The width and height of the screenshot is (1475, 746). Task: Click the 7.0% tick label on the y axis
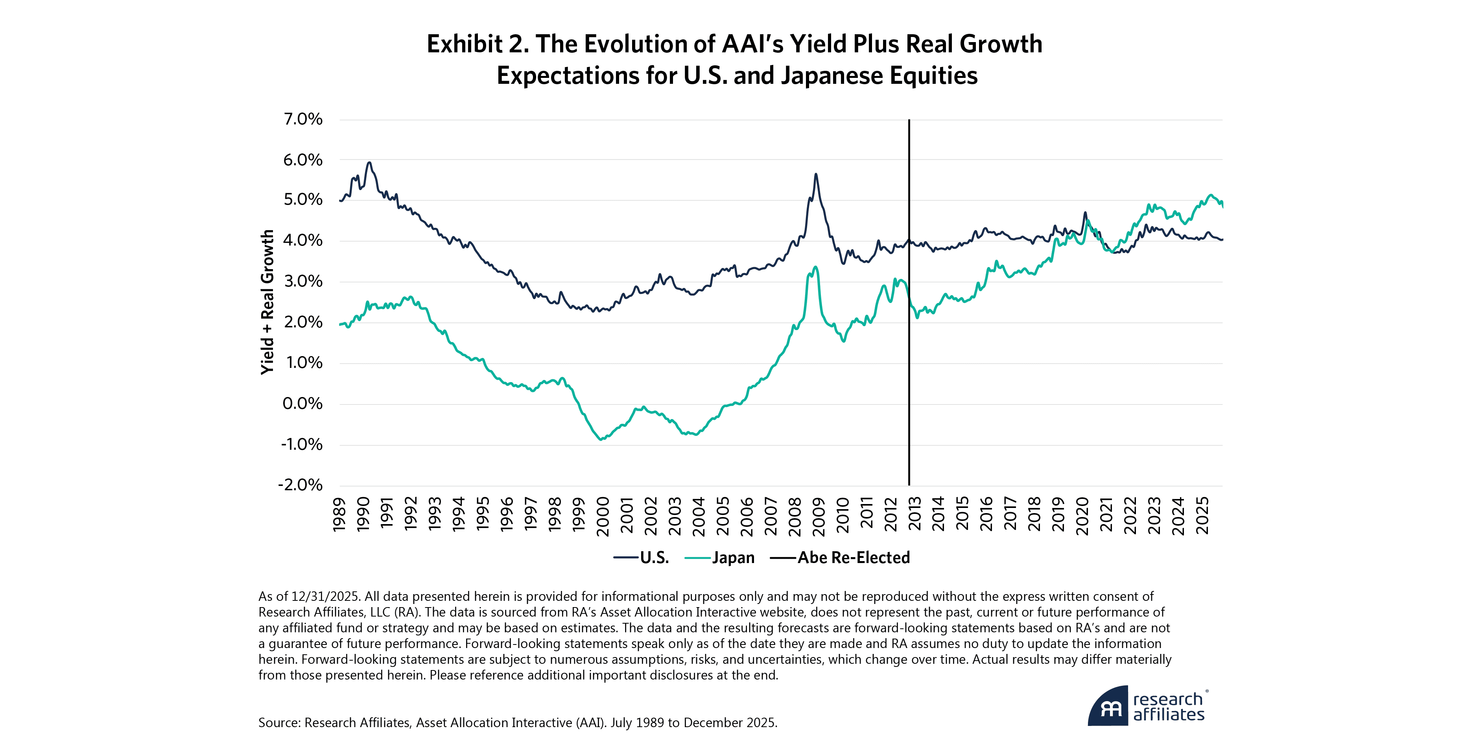coord(303,119)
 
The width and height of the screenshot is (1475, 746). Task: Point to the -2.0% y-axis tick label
coord(300,485)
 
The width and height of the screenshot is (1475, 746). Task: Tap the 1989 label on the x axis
coord(339,515)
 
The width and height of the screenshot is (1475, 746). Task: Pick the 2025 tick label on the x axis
coord(1202,515)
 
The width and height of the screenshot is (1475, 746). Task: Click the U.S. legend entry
coord(654,558)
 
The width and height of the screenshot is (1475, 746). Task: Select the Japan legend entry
coord(733,558)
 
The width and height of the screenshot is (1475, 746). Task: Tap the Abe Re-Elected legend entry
coord(853,558)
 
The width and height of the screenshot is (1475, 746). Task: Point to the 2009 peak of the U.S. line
coord(815,174)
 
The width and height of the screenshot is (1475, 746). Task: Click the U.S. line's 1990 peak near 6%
coord(369,163)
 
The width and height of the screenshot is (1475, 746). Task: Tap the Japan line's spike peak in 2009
coord(815,267)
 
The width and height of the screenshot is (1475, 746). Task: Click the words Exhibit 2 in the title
coord(478,44)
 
